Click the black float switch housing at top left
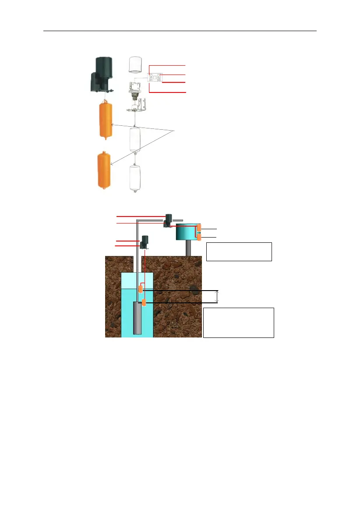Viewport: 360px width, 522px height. point(101,75)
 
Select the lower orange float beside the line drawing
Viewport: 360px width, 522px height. point(104,170)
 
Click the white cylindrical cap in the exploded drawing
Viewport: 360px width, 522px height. point(136,65)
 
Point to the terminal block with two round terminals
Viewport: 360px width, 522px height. point(155,78)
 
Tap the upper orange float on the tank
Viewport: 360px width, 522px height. point(199,227)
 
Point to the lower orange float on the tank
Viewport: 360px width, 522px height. point(199,237)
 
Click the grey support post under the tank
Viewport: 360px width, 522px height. point(188,248)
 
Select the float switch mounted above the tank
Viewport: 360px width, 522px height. point(168,220)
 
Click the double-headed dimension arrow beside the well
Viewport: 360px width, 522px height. point(217,296)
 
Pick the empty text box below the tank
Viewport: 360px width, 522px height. point(239,251)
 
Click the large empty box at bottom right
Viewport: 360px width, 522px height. point(239,322)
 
